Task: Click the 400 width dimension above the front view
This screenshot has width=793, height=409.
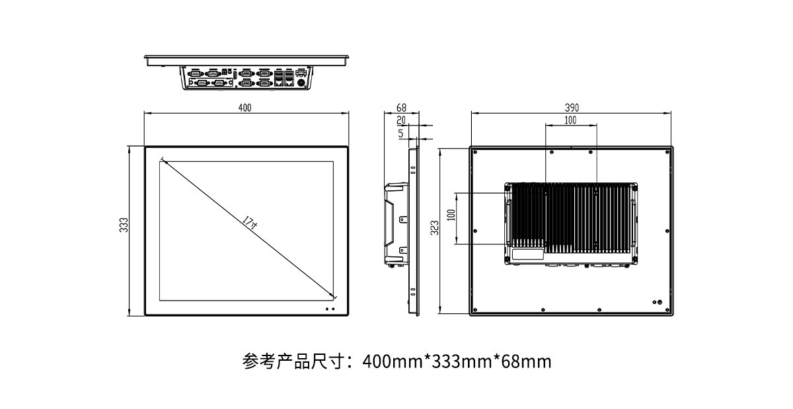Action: (245, 108)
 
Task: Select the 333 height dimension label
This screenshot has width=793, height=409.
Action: (123, 225)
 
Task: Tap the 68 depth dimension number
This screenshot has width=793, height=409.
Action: (401, 108)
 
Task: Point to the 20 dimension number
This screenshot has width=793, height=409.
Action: (401, 120)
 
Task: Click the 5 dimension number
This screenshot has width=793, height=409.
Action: (401, 133)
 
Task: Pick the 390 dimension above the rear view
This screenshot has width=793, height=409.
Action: (572, 108)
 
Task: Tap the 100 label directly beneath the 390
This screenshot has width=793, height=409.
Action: (570, 120)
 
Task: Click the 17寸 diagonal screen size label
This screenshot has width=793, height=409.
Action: (250, 222)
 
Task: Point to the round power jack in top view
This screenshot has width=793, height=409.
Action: (303, 83)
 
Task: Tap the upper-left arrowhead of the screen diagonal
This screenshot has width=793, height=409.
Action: (163, 159)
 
